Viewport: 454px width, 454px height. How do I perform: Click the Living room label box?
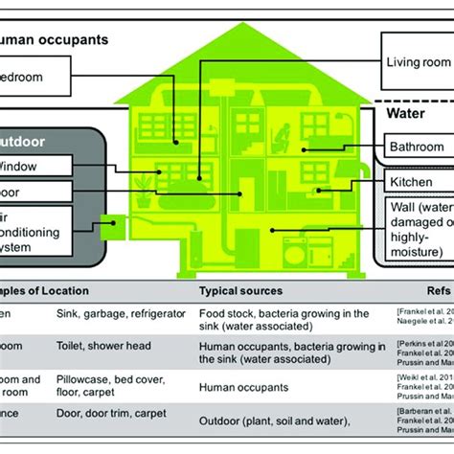point(417,62)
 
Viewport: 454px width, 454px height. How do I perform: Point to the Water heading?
point(404,114)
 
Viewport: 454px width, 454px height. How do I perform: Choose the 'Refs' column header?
point(421,290)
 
